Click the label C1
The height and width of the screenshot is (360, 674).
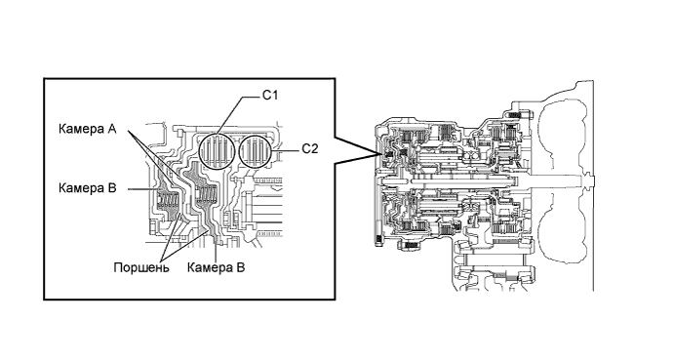[270, 95]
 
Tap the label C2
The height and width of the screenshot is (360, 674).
[310, 149]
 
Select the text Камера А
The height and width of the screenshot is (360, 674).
[87, 129]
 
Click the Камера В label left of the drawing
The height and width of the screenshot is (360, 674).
[87, 188]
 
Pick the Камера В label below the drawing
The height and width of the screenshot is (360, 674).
[216, 267]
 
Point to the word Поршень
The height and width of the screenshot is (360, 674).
[141, 268]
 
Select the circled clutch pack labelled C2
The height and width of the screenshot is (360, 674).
[257, 151]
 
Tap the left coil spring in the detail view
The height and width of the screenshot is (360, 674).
[168, 201]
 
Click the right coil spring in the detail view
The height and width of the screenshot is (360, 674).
[206, 195]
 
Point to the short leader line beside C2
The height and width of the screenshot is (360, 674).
[287, 150]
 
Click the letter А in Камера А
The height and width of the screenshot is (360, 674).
[112, 129]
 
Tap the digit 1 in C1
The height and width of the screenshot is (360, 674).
[274, 95]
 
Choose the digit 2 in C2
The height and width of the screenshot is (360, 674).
[314, 149]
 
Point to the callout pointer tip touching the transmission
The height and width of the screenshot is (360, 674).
[380, 153]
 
